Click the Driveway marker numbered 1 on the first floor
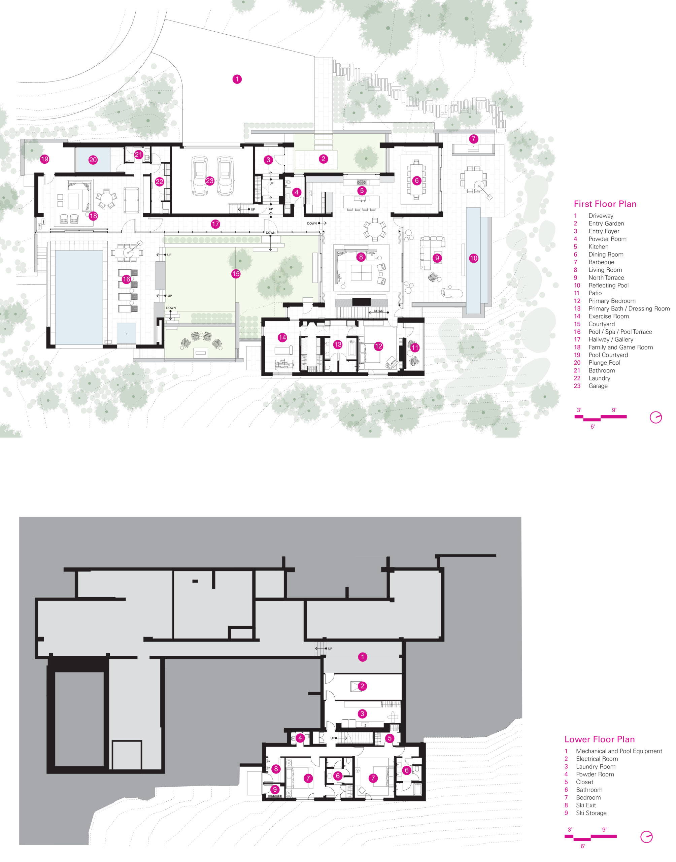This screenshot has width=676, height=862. click(237, 79)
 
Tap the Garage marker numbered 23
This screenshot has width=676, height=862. click(210, 181)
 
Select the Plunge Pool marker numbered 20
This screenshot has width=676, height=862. click(93, 160)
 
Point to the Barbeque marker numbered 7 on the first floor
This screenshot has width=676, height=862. click(473, 139)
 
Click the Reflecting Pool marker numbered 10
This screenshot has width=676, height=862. click(474, 258)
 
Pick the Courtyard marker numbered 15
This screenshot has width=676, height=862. click(236, 273)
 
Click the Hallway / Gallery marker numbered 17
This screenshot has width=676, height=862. click(215, 224)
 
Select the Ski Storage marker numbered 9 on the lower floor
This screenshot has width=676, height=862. click(275, 790)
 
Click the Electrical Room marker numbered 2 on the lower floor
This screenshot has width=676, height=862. click(362, 686)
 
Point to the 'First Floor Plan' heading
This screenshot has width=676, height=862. click(605, 204)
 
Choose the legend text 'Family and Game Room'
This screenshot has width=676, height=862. click(620, 347)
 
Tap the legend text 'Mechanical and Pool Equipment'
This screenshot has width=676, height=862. click(619, 751)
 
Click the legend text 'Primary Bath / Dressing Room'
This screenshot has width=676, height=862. click(629, 308)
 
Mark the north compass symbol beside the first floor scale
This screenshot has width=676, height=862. click(656, 417)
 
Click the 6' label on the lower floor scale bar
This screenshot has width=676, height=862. click(583, 846)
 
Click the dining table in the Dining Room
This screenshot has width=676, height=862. click(416, 180)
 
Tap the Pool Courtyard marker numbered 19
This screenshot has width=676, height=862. click(45, 159)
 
